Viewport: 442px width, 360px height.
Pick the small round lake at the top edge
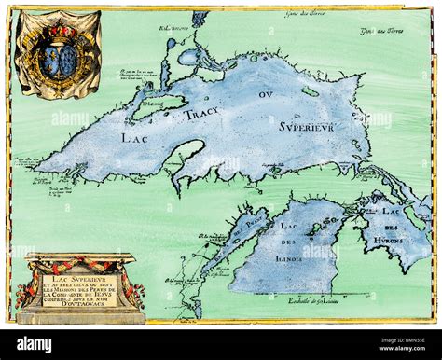click(x=200, y=18)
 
